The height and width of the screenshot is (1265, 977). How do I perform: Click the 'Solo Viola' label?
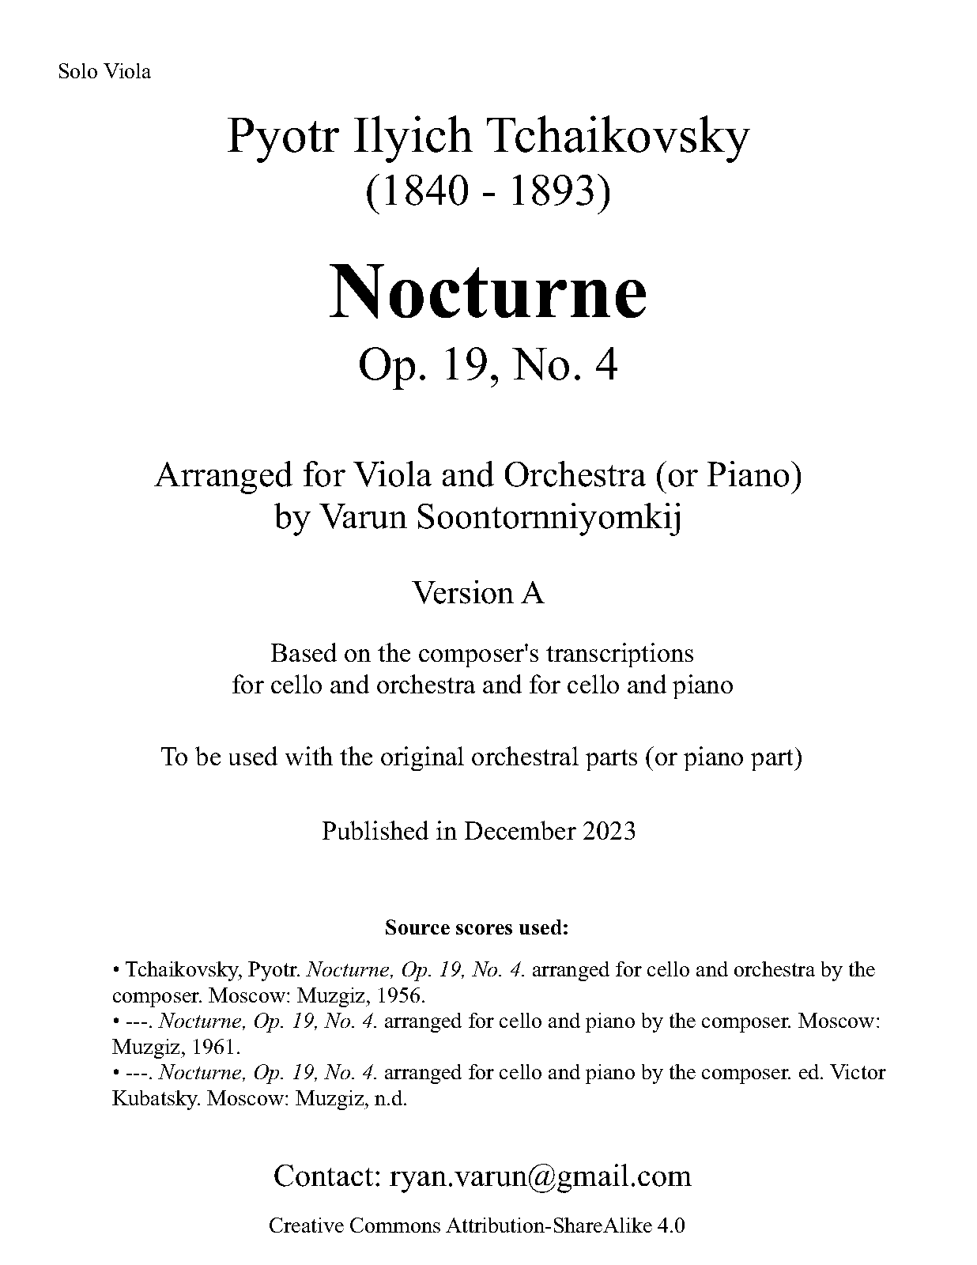coord(104,72)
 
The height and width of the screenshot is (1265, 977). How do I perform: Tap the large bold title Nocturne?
coord(488,293)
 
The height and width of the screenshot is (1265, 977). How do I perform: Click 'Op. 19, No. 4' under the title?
coord(488,365)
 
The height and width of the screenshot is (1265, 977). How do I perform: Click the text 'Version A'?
coord(479,592)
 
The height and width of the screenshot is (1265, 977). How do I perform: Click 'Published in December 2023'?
coord(478,831)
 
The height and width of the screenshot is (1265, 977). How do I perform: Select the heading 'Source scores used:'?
coord(477,927)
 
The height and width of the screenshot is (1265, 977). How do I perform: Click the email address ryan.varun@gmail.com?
coord(541,1176)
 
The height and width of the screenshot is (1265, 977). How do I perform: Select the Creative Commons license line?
coord(477,1225)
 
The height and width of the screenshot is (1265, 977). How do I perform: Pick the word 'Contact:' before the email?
coord(327,1176)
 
